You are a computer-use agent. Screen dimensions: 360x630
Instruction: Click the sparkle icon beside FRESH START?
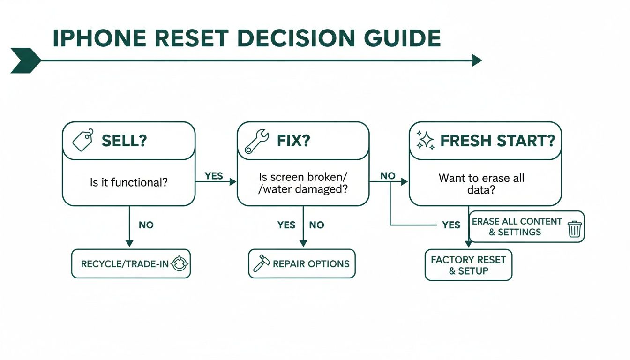click(x=425, y=141)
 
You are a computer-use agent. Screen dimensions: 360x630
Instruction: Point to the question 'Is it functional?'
click(x=129, y=182)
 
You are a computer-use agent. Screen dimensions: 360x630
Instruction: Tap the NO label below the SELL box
click(x=146, y=225)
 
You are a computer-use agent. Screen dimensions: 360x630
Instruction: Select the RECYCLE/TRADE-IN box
click(x=131, y=263)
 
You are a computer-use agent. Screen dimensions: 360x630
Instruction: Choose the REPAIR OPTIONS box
click(x=302, y=263)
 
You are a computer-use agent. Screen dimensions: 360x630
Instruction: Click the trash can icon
click(x=574, y=229)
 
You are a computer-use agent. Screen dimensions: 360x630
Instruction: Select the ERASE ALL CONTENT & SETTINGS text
click(x=517, y=226)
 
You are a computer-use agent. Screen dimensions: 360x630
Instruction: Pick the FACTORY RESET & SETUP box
click(x=468, y=265)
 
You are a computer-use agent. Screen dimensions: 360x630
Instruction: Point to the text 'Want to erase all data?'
click(x=481, y=184)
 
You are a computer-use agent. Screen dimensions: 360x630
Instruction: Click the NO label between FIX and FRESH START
click(x=388, y=175)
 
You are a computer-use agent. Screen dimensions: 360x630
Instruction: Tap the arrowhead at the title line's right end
click(x=477, y=60)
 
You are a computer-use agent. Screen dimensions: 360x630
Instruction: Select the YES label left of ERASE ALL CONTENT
click(x=451, y=225)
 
